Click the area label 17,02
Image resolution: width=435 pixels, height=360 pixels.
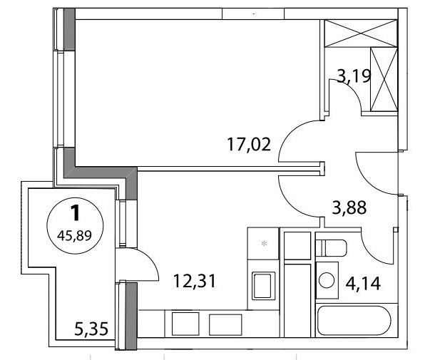tap(249, 145)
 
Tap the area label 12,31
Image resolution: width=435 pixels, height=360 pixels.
tap(195, 281)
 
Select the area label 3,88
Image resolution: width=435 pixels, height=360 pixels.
tap(349, 207)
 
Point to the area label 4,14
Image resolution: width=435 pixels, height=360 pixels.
tap(363, 284)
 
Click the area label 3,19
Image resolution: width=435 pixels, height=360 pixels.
tap(354, 76)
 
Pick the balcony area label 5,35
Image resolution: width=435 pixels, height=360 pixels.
tap(91, 329)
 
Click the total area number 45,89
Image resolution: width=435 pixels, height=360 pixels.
tap(74, 236)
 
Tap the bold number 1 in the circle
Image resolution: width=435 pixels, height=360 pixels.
tap(75, 213)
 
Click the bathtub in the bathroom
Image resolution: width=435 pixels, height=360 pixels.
tap(354, 321)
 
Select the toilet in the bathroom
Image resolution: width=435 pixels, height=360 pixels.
tap(332, 248)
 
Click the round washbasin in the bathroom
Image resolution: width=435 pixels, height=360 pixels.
tap(327, 280)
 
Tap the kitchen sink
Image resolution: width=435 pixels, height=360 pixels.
tap(263, 286)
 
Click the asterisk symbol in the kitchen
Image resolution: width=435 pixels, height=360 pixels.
tap(265, 244)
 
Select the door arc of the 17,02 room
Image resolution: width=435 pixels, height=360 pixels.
tap(289, 130)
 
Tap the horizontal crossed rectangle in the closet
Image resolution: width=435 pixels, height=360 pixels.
tap(361, 34)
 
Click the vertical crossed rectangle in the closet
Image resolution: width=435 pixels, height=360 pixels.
tap(384, 79)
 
